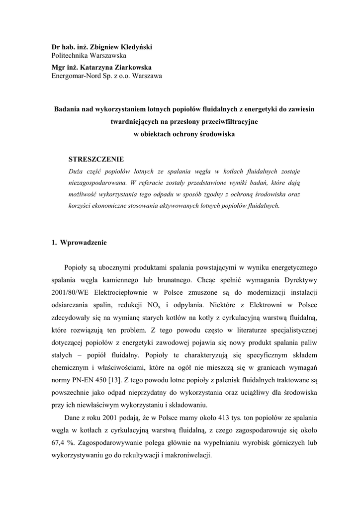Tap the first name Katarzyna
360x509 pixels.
(98, 67)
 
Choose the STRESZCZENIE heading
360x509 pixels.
(96, 159)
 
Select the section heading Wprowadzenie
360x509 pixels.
(83, 243)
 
